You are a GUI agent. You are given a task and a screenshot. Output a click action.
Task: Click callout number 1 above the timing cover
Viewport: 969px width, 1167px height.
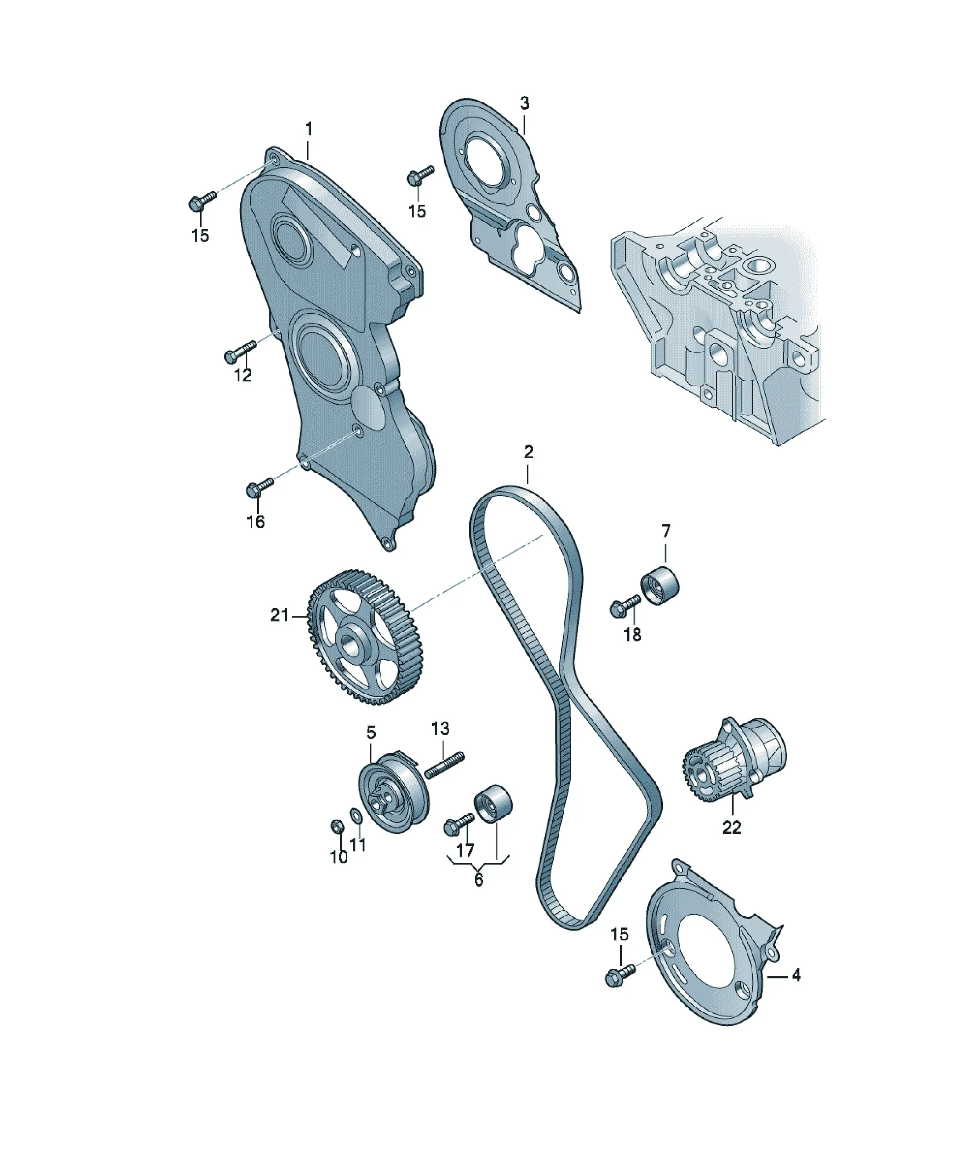click(x=309, y=129)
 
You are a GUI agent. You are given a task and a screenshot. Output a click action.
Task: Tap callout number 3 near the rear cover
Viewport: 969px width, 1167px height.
click(x=525, y=103)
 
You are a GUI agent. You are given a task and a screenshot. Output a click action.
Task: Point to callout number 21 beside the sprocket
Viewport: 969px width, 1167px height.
click(x=279, y=615)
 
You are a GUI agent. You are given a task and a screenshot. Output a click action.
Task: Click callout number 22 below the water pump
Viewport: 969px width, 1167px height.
click(x=732, y=843)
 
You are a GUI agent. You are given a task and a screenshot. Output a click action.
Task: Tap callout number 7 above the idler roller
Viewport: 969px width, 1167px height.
click(x=666, y=531)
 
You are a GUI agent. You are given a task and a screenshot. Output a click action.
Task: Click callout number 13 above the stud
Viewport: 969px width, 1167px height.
click(x=440, y=728)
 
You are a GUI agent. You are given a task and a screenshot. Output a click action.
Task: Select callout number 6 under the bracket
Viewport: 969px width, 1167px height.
click(x=478, y=880)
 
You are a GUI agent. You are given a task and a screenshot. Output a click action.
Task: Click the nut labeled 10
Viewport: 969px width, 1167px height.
click(x=337, y=826)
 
